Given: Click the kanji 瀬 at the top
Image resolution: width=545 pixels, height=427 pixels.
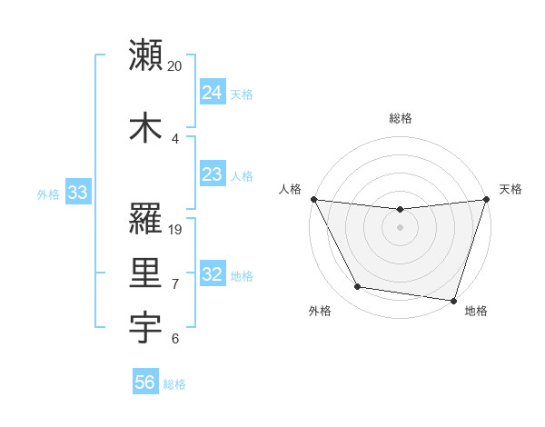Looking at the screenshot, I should pyautogui.click(x=146, y=55).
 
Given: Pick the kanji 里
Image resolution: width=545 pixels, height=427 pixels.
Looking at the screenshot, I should pyautogui.click(x=146, y=272).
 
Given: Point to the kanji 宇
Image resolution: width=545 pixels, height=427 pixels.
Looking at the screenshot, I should pyautogui.click(x=146, y=326).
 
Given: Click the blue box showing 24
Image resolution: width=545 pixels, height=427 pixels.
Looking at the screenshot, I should pyautogui.click(x=212, y=92).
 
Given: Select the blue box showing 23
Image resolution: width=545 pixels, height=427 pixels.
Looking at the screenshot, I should pyautogui.click(x=212, y=174).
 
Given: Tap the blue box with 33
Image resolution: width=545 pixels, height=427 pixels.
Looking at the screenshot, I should pyautogui.click(x=77, y=192).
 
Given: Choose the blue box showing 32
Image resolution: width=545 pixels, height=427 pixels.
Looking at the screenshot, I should pyautogui.click(x=212, y=274).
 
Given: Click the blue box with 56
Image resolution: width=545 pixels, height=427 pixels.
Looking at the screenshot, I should pyautogui.click(x=144, y=382).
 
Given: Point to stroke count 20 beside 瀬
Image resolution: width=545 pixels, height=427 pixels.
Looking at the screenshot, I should pyautogui.click(x=175, y=67).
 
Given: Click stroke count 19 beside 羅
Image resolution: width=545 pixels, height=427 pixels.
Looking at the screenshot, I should pyautogui.click(x=175, y=229).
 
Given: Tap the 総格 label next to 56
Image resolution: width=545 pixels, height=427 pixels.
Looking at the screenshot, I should pyautogui.click(x=174, y=384).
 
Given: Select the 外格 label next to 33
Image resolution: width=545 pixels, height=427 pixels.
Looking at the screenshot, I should pyautogui.click(x=48, y=194).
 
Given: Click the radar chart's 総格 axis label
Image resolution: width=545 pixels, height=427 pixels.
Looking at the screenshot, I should pyautogui.click(x=401, y=118).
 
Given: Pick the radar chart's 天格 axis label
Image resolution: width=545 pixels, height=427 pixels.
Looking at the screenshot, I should pyautogui.click(x=510, y=189).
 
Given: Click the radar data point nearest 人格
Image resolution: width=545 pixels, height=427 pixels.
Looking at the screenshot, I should pyautogui.click(x=313, y=199).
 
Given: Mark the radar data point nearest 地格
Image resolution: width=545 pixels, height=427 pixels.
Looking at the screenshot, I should pyautogui.click(x=453, y=300).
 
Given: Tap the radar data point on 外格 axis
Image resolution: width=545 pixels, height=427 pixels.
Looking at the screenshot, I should pyautogui.click(x=358, y=287).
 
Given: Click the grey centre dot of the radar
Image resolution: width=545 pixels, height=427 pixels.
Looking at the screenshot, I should pyautogui.click(x=401, y=227).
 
